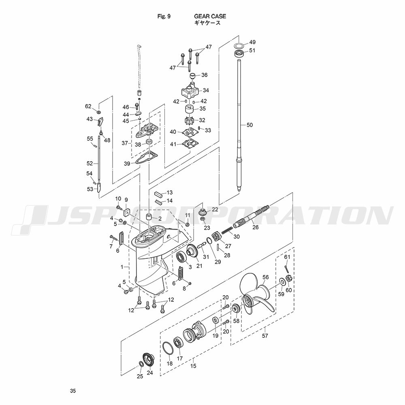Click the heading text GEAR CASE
coord(210,16)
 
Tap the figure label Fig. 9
coord(164,16)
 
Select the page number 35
coord(73,391)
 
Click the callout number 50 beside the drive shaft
coord(249,125)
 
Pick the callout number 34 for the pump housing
coord(206,90)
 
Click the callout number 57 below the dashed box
coord(265,336)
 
